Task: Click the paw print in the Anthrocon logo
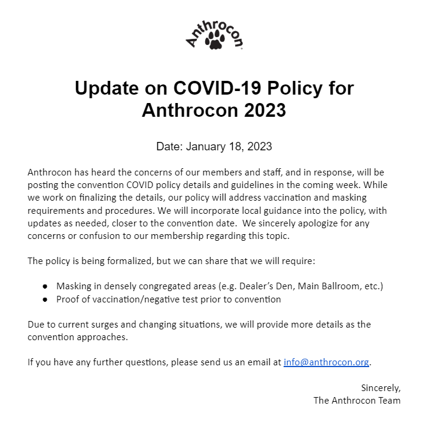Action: click(214, 41)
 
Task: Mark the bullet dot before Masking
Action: click(45, 286)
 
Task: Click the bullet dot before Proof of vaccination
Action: click(45, 299)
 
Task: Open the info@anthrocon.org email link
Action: click(326, 362)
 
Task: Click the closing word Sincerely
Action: click(381, 388)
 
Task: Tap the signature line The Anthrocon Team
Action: click(357, 401)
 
